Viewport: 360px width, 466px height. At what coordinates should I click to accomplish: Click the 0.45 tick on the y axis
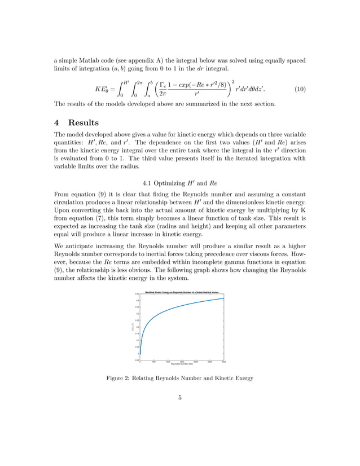(137, 294)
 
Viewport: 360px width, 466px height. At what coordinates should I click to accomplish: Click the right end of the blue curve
(224, 298)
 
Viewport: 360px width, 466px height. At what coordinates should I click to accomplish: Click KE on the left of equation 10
(102, 89)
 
